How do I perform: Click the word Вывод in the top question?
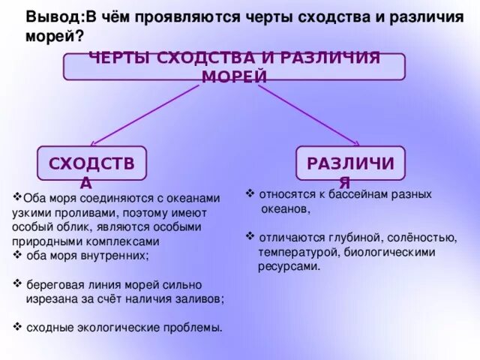point(48,17)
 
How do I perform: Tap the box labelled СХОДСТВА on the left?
point(91,163)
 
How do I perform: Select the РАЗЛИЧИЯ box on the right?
point(350,163)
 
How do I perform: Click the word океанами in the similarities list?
point(197,199)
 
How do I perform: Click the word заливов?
point(200,298)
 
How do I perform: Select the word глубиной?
point(350,237)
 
